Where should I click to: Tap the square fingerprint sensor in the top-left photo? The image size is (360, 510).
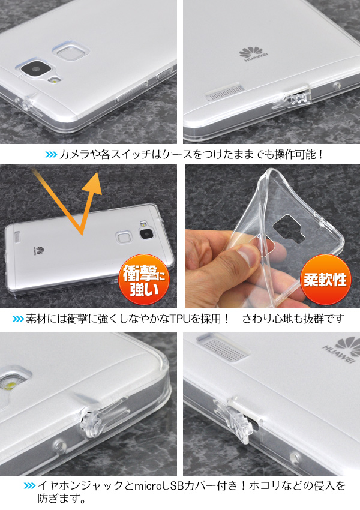tap(71, 51)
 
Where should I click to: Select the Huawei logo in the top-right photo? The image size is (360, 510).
tap(253, 54)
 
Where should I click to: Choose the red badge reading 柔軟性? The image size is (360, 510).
tap(325, 280)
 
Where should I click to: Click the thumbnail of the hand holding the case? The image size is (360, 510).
tap(272, 236)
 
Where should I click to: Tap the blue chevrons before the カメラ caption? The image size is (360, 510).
tap(51, 154)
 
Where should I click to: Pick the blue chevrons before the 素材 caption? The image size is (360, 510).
tap(18, 319)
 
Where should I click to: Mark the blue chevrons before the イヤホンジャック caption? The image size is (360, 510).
tap(29, 486)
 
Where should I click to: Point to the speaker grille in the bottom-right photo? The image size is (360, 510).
tap(224, 349)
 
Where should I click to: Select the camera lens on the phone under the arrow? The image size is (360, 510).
tap(146, 234)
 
